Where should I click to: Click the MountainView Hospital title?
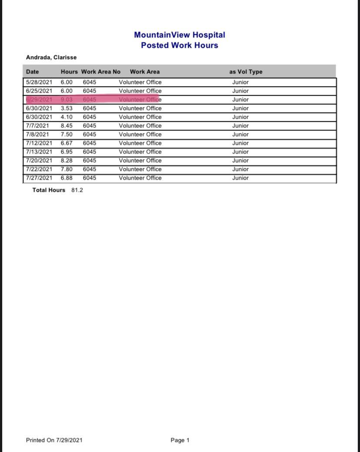click(180, 35)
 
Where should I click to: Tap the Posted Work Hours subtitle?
click(180, 45)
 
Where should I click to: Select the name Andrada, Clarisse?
click(51, 57)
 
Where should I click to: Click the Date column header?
click(32, 72)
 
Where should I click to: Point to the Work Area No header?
click(100, 72)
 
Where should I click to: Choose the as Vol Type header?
click(246, 72)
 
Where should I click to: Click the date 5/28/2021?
click(39, 82)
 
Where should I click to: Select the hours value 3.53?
click(67, 108)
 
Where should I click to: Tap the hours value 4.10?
click(67, 117)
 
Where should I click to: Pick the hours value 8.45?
click(67, 126)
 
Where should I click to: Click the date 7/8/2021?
click(37, 134)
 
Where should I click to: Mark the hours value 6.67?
click(67, 143)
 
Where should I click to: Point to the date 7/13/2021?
click(39, 152)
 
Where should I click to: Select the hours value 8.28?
click(67, 161)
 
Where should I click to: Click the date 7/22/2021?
click(39, 169)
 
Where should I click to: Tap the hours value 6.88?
click(67, 178)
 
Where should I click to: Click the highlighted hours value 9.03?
click(67, 100)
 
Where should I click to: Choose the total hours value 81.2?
click(77, 190)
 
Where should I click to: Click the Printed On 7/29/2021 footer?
click(54, 440)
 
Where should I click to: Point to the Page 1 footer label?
click(180, 440)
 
